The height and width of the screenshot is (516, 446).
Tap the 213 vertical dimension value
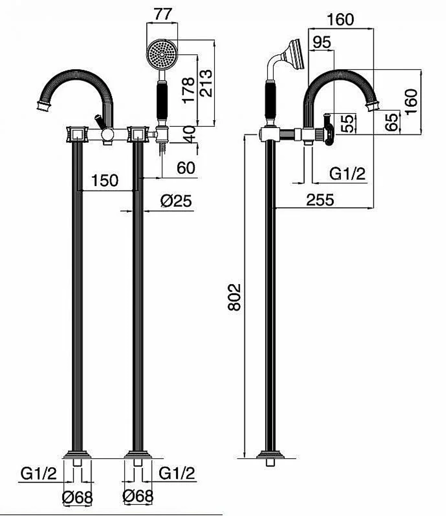click(x=206, y=83)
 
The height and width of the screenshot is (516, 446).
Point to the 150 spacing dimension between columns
click(x=105, y=181)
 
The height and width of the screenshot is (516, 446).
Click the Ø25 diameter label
click(x=176, y=201)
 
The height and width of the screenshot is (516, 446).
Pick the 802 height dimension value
click(x=235, y=297)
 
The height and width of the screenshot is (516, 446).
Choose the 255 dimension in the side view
click(x=320, y=200)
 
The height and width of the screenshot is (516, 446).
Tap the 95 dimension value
click(x=322, y=42)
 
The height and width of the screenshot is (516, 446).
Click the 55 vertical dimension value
click(x=348, y=123)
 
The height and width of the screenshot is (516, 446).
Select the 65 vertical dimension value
click(x=392, y=122)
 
